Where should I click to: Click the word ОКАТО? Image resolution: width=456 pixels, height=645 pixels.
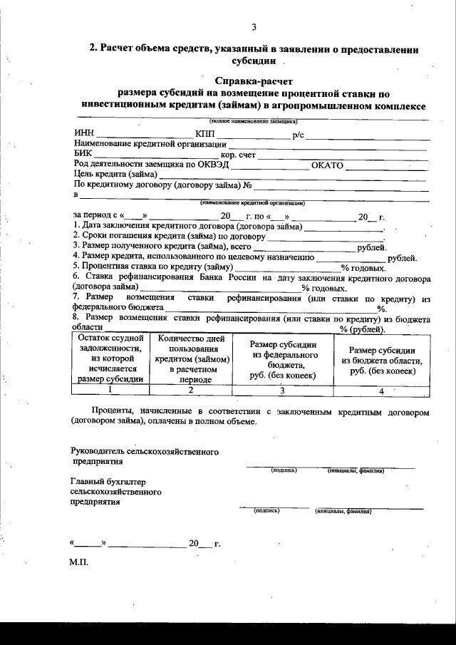pyautogui.click(x=328, y=165)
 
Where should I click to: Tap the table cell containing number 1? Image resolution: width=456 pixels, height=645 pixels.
pyautogui.click(x=110, y=390)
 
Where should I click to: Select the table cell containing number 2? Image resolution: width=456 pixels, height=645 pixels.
pyautogui.click(x=190, y=390)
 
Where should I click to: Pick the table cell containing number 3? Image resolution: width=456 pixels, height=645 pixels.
pyautogui.click(x=281, y=391)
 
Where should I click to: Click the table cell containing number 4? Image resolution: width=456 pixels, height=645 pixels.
pyautogui.click(x=381, y=391)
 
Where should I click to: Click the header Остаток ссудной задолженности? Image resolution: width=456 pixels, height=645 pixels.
pyautogui.click(x=110, y=358)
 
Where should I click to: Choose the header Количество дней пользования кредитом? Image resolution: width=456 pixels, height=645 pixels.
pyautogui.click(x=190, y=358)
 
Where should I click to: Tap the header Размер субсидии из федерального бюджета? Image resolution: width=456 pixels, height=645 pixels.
pyautogui.click(x=281, y=359)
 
